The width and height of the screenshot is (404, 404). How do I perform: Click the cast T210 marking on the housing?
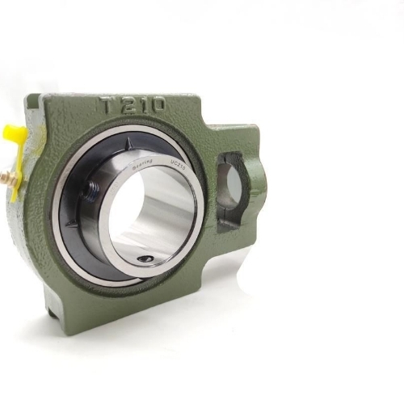pyautogui.click(x=133, y=105)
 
